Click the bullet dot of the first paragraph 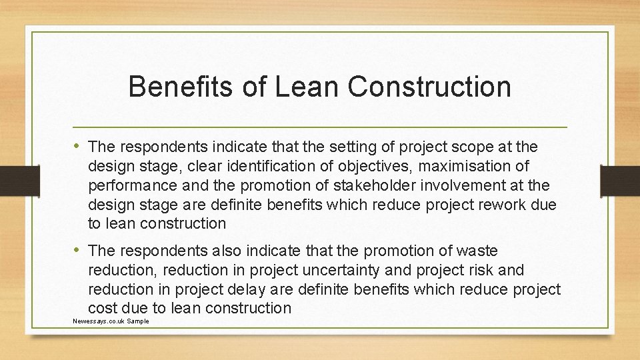[79, 145]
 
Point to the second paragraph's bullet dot [79, 251]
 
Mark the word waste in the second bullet [477, 251]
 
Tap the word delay [249, 289]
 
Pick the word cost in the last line [102, 308]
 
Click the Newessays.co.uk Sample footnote [111, 321]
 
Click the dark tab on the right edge [620, 180]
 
